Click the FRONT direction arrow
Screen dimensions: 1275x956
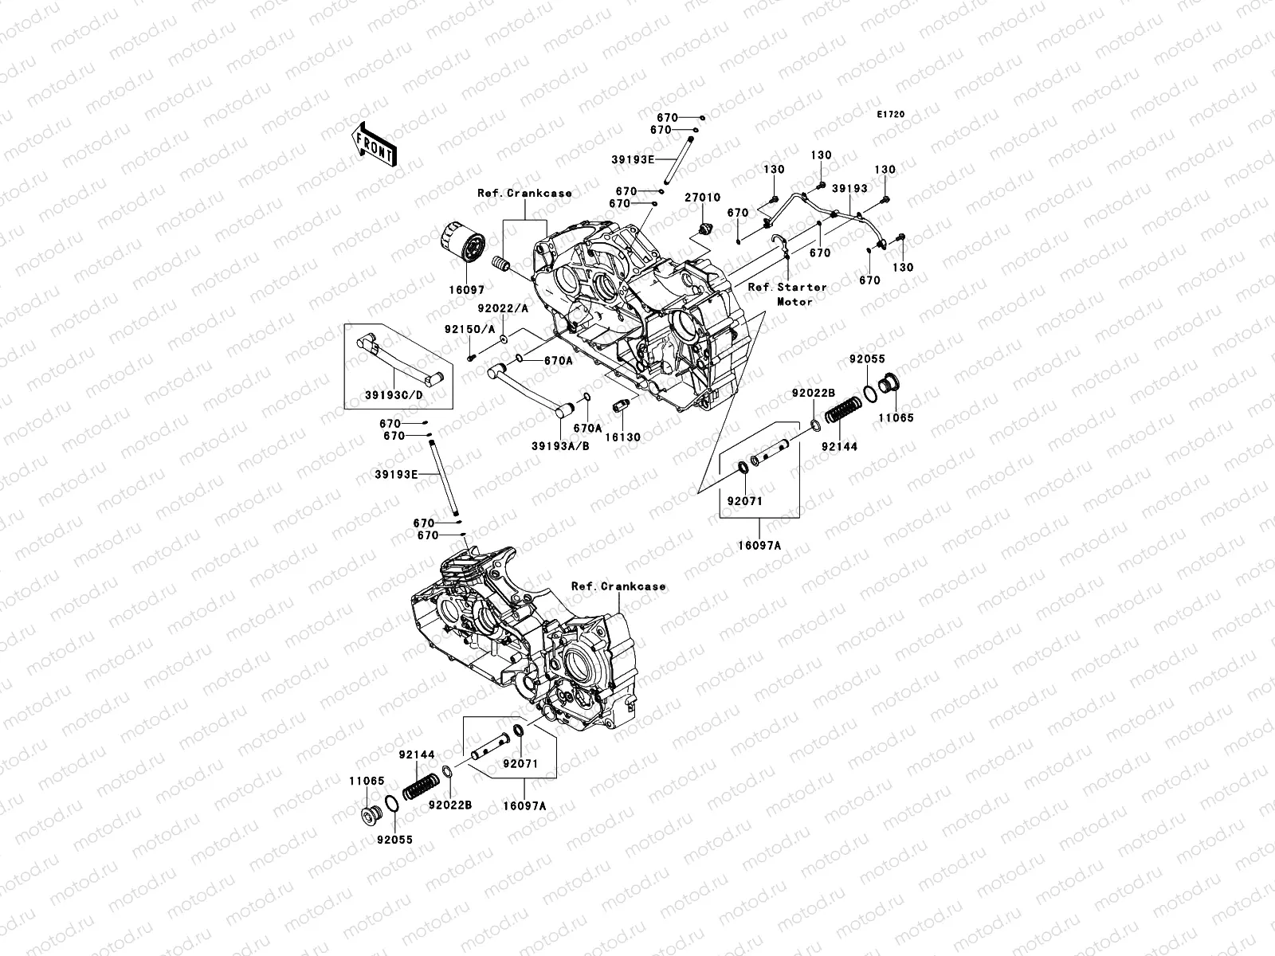(x=375, y=144)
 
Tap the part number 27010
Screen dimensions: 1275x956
(x=702, y=198)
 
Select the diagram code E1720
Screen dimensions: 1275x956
(x=890, y=115)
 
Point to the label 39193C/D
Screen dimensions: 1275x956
(x=394, y=395)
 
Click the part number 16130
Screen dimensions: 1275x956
(x=622, y=437)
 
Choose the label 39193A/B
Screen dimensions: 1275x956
(x=560, y=446)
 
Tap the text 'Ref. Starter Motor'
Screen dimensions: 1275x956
(x=787, y=294)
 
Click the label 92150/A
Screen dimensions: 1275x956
(x=469, y=329)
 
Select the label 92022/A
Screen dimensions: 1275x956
(x=503, y=308)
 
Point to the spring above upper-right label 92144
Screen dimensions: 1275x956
(x=843, y=409)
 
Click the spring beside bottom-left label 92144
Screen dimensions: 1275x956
(x=421, y=786)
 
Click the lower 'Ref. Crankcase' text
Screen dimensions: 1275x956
(x=618, y=586)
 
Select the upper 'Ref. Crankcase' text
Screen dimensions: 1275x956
(x=524, y=194)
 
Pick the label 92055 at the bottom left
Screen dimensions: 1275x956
(x=394, y=840)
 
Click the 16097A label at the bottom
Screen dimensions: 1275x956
(x=524, y=805)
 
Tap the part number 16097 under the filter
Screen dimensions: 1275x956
(x=466, y=290)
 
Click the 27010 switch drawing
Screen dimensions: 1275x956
(x=706, y=228)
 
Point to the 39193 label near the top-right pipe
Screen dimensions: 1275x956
(x=849, y=189)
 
